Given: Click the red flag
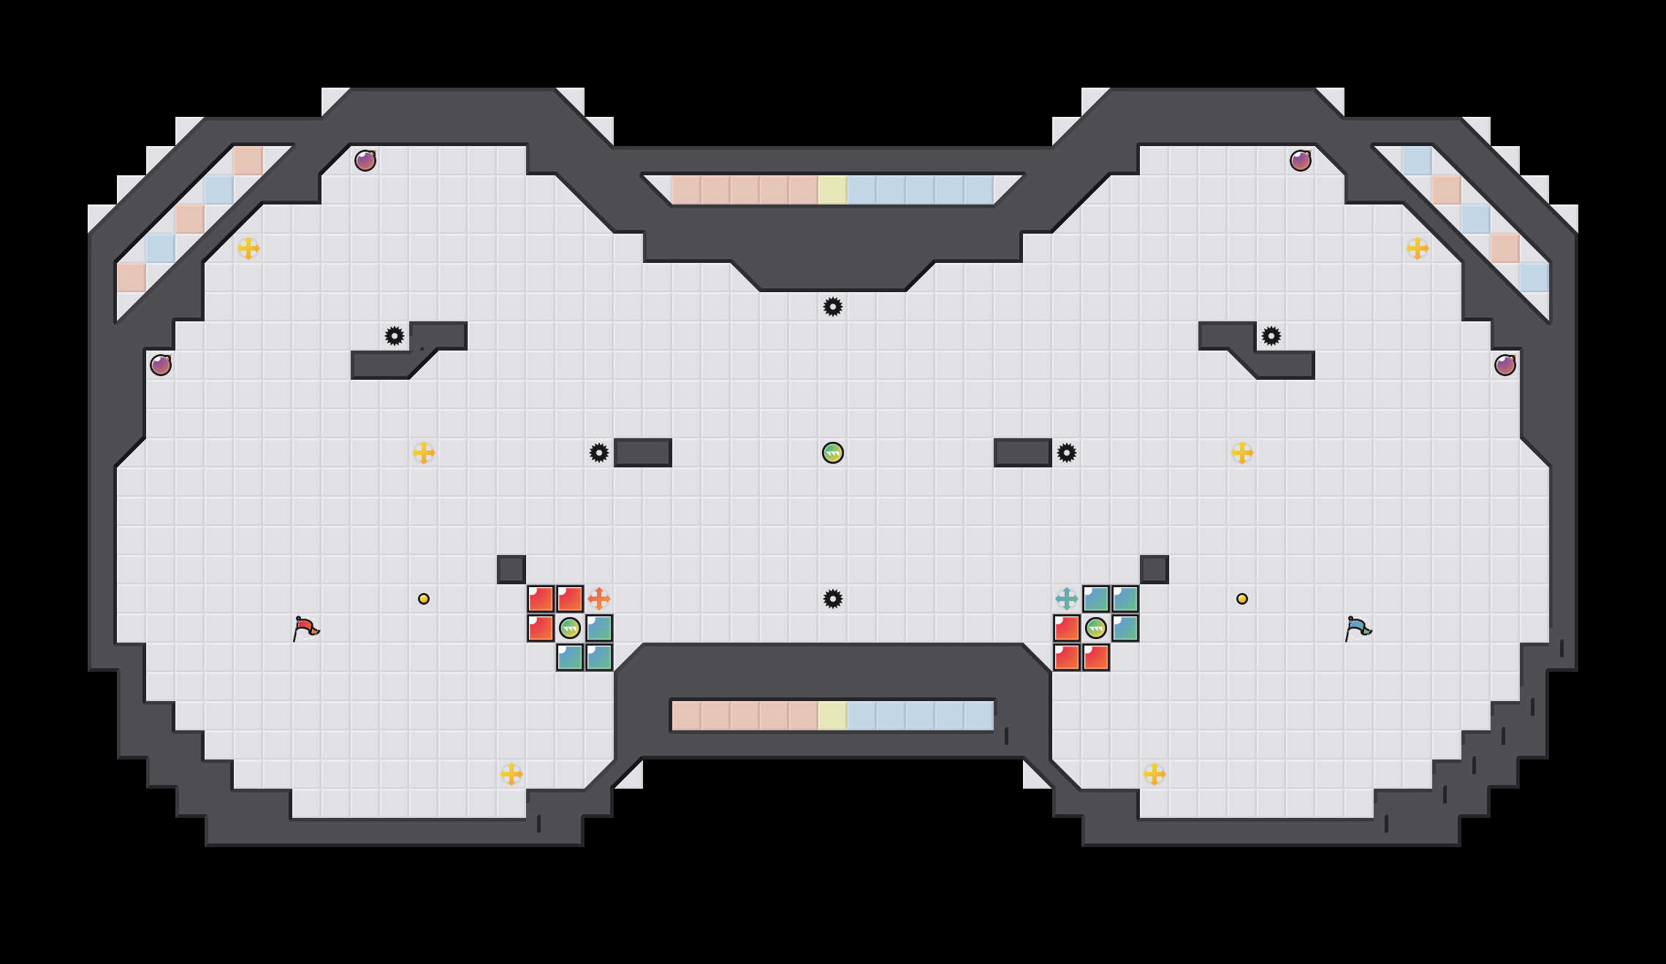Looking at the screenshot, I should (305, 628).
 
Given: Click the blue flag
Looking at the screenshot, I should (1358, 628).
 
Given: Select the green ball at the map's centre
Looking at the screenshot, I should (833, 453).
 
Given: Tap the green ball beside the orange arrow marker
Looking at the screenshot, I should (570, 628).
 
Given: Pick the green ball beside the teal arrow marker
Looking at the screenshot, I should (1096, 628).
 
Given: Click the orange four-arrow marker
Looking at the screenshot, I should (599, 599).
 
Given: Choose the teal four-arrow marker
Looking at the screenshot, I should (1067, 599).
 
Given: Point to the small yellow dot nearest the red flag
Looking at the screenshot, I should (424, 599).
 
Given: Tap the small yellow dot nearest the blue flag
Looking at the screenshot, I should (1242, 599).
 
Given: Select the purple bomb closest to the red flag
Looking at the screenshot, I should (161, 365).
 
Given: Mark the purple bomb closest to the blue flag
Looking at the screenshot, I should (1505, 365).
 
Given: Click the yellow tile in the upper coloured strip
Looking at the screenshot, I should (833, 190).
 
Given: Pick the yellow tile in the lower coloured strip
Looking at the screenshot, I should (833, 716).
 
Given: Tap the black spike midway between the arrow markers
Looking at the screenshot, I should (833, 599).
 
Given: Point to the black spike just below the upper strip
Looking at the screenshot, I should (833, 307).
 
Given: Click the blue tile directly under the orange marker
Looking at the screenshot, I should (599, 628).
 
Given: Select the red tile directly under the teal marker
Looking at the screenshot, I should (1067, 628).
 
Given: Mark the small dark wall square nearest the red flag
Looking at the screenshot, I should (511, 570).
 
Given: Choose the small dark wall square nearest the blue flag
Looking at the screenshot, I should (1155, 570).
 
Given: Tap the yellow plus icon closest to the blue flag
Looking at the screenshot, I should (1242, 453).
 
